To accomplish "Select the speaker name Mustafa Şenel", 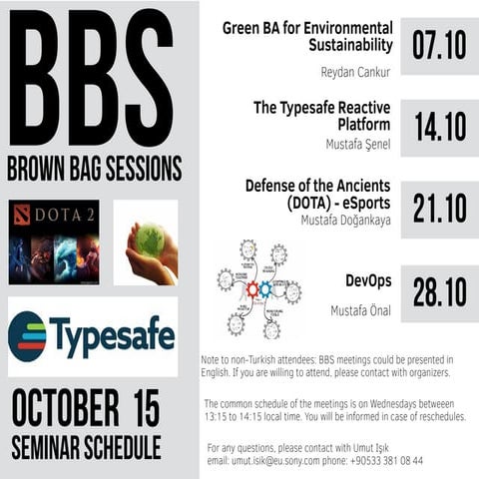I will pos(358,145).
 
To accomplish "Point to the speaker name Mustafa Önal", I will pos(361,311).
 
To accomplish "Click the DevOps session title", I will pos(365,280).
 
